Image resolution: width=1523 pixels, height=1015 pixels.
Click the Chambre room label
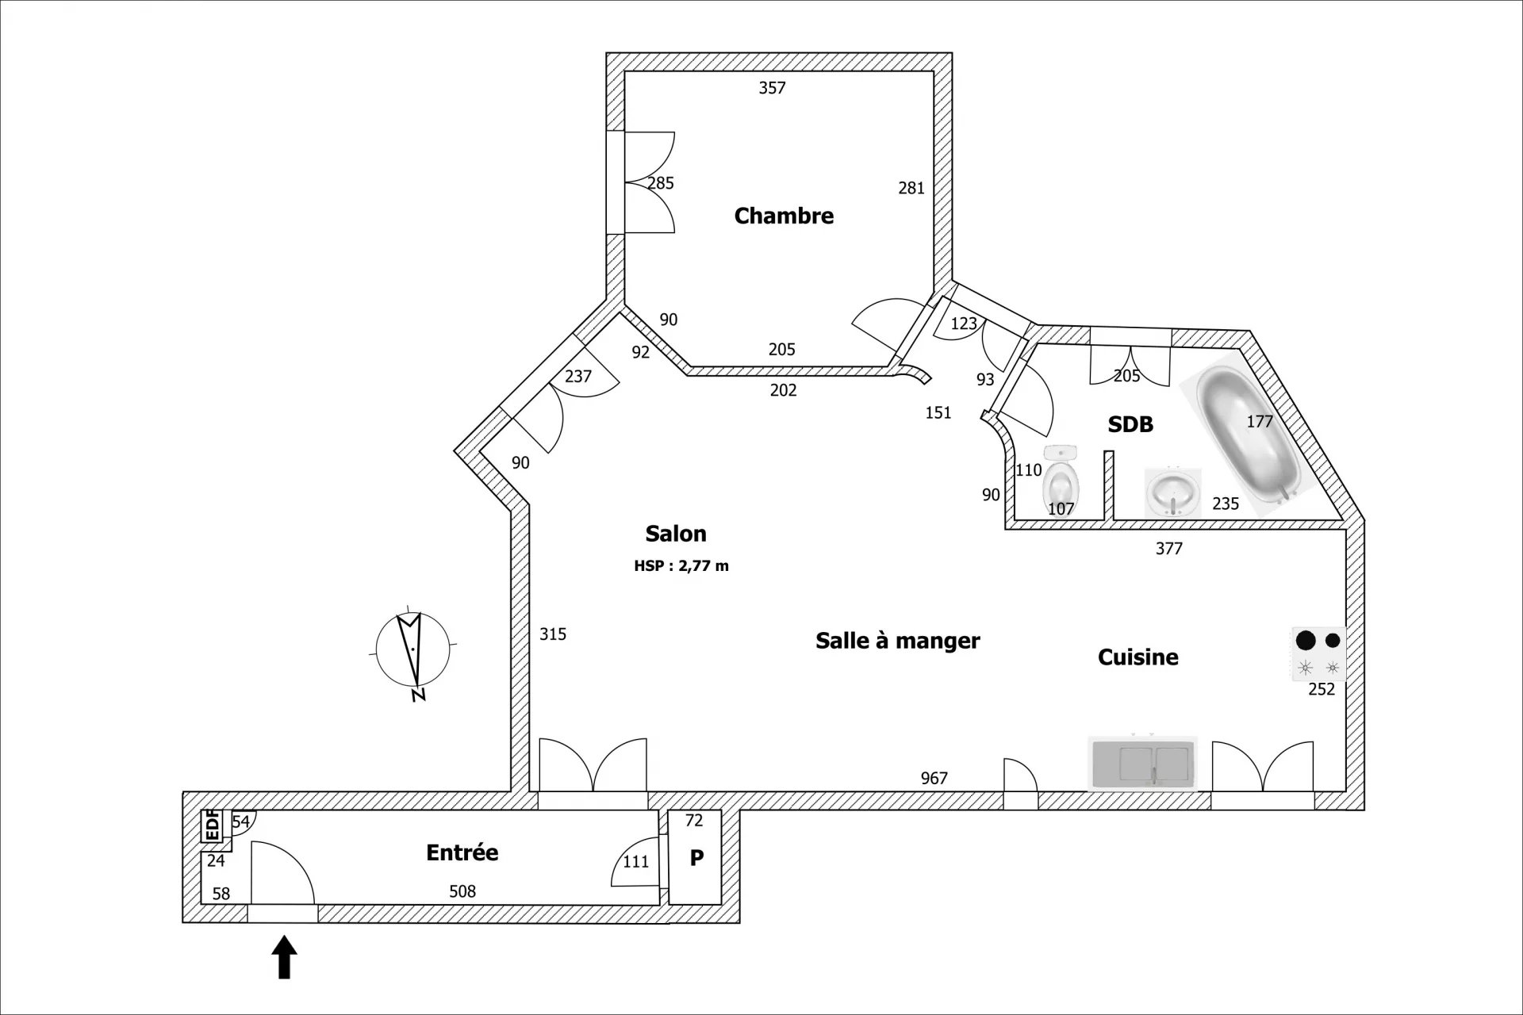point(784,216)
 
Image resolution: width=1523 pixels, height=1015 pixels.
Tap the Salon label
point(676,534)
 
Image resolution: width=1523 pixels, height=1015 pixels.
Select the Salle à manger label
point(898,641)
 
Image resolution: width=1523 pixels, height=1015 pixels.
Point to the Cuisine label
point(1138,657)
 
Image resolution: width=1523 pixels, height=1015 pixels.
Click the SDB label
point(1130,424)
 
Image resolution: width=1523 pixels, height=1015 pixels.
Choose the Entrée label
point(462,852)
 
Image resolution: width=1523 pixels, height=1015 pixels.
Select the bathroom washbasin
point(1173,492)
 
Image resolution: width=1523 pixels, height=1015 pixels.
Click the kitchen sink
point(1142,764)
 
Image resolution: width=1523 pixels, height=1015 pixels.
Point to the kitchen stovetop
point(1318,654)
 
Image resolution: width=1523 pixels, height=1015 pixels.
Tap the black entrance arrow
point(285,957)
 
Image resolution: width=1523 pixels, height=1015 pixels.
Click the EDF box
point(213,825)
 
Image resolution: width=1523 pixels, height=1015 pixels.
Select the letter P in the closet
point(696,858)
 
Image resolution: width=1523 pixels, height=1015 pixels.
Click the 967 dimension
point(934,778)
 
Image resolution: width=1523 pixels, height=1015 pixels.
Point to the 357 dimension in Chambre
point(772,87)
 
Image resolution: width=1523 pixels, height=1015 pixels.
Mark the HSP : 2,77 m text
point(681,566)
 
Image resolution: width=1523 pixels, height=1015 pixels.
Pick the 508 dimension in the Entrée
point(462,891)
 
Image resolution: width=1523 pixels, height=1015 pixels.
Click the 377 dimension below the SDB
point(1169,548)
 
